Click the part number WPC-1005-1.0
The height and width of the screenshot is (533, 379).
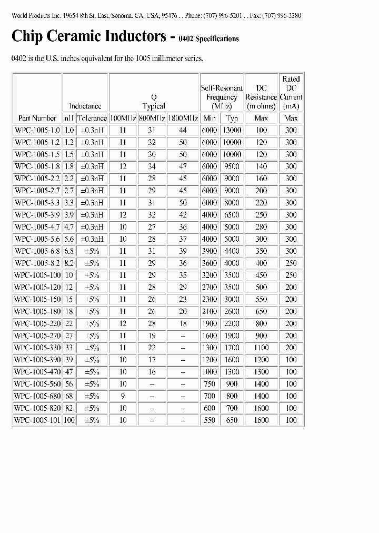click(x=37, y=130)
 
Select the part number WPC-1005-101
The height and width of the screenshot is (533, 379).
click(x=37, y=420)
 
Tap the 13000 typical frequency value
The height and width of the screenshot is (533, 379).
click(x=232, y=130)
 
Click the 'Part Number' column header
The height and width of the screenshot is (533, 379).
click(x=37, y=119)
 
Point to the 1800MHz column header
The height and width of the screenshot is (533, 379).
click(x=183, y=119)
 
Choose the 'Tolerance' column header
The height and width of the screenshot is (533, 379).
click(x=92, y=119)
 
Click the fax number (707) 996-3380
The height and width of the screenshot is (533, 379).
click(x=283, y=15)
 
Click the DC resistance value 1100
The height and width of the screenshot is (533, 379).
click(x=262, y=348)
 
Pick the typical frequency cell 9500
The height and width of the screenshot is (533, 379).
click(x=232, y=166)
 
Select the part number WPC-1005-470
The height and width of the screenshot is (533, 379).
click(x=37, y=372)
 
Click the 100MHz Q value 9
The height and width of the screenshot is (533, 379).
click(x=123, y=396)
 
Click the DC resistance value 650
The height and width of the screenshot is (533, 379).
click(x=262, y=311)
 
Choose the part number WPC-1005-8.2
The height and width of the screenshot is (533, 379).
click(x=37, y=263)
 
